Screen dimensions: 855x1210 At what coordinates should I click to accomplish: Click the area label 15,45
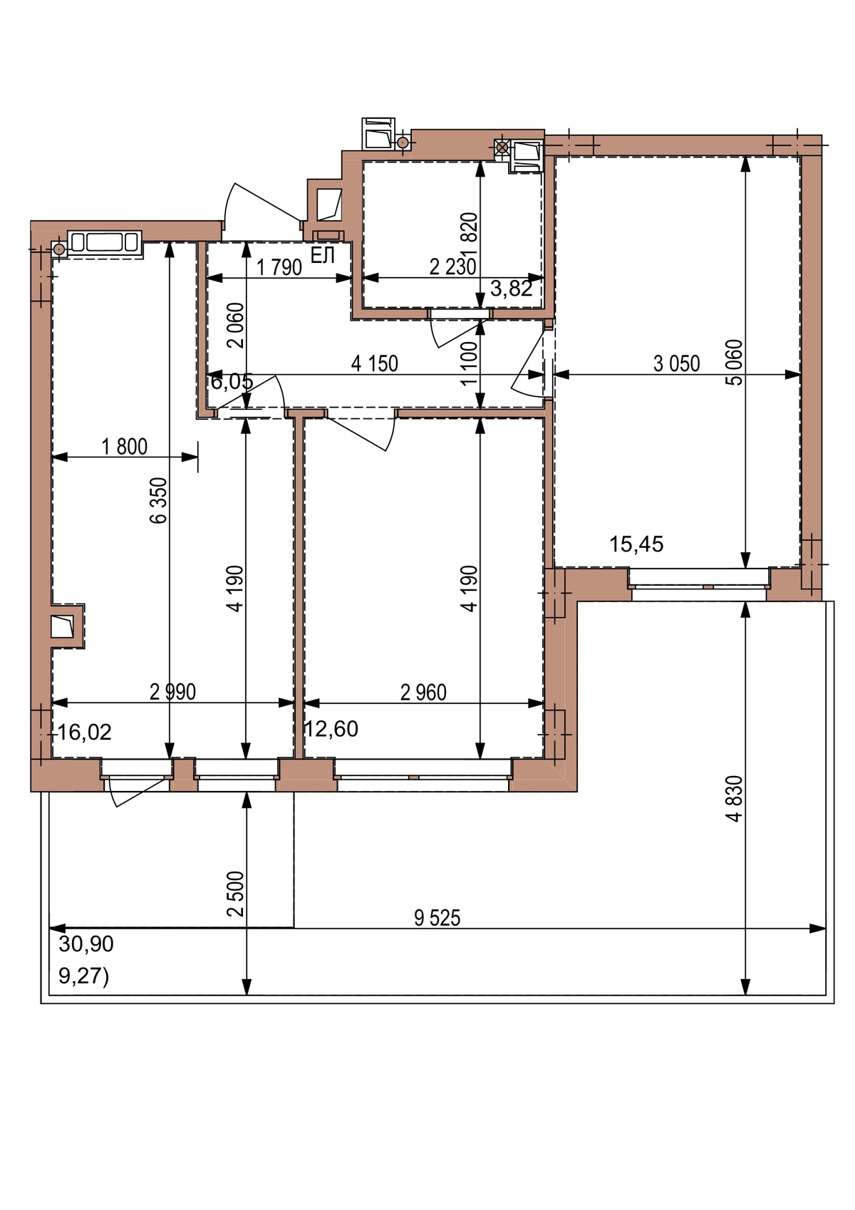[x=636, y=544]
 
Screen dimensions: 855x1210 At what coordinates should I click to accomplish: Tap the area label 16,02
[x=85, y=732]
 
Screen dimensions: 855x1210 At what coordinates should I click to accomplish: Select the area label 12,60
[x=331, y=729]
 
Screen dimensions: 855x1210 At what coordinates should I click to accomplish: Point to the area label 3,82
[x=511, y=289]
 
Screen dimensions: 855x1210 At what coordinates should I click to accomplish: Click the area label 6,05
[x=232, y=382]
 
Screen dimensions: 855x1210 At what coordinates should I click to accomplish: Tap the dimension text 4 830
[x=735, y=799]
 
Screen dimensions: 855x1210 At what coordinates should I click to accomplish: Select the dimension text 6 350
[x=160, y=500]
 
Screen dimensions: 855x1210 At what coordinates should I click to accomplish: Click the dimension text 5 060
[x=735, y=362]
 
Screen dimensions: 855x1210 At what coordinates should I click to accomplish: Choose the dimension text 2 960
[x=423, y=693]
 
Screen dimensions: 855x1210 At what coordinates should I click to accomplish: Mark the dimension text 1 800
[x=124, y=447]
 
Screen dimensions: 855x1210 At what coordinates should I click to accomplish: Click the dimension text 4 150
[x=374, y=363]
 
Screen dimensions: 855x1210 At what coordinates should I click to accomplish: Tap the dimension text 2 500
[x=236, y=894]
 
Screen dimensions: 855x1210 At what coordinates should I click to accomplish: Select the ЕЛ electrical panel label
[x=323, y=255]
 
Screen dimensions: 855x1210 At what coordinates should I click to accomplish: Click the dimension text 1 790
[x=279, y=267]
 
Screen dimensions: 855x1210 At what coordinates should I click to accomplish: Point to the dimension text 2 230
[x=452, y=267]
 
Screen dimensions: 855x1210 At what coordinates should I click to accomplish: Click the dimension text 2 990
[x=172, y=692]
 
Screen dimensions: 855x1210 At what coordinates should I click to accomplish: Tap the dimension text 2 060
[x=236, y=325]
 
